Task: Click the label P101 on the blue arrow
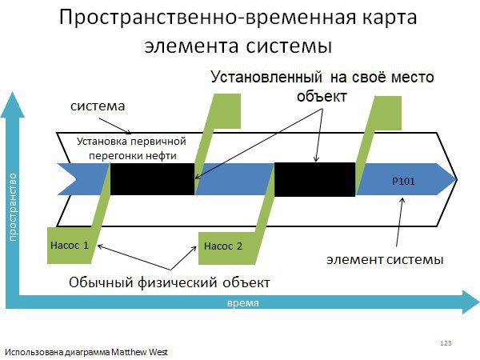click(403, 182)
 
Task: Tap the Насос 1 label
click(70, 246)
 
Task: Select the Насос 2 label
click(223, 246)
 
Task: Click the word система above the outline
click(98, 106)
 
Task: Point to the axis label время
click(243, 303)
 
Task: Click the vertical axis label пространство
click(13, 207)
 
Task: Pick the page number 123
click(446, 343)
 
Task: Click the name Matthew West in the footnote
click(139, 352)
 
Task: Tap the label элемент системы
click(385, 259)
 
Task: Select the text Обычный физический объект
click(170, 282)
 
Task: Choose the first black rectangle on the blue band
click(152, 179)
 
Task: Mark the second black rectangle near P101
click(314, 179)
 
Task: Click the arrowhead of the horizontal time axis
click(471, 302)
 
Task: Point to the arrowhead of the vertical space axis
click(13, 104)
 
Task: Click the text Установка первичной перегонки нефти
click(132, 149)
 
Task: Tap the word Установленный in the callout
click(266, 77)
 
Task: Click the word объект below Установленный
click(322, 96)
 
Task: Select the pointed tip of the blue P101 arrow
click(456, 179)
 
